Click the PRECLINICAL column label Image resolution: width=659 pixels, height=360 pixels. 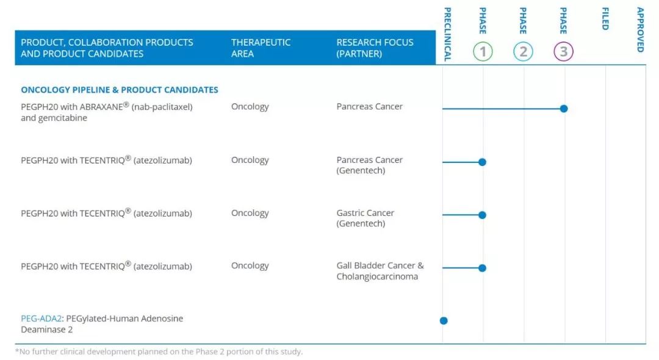[x=448, y=34]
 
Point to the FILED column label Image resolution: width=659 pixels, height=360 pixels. [x=605, y=18]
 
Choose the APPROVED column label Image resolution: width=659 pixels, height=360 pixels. [x=640, y=29]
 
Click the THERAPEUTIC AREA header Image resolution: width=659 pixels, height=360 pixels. [x=261, y=48]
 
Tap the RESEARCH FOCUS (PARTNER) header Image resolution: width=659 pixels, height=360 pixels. [x=375, y=48]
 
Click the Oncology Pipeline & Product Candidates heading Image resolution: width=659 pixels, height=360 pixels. [x=120, y=90]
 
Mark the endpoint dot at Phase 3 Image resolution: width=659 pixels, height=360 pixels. [x=564, y=109]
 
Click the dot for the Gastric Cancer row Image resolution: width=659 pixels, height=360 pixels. [x=482, y=215]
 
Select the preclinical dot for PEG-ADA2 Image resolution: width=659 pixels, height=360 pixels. [x=444, y=320]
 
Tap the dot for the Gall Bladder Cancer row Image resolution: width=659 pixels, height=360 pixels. [x=482, y=268]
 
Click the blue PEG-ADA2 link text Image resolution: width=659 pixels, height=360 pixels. [x=41, y=319]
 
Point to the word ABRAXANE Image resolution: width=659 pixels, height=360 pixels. [x=102, y=107]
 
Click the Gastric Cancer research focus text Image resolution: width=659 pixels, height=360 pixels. [x=366, y=218]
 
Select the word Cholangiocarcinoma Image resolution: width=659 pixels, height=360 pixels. [x=377, y=276]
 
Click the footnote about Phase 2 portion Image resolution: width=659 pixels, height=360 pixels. [x=159, y=351]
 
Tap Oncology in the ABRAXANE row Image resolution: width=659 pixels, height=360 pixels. [x=250, y=107]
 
